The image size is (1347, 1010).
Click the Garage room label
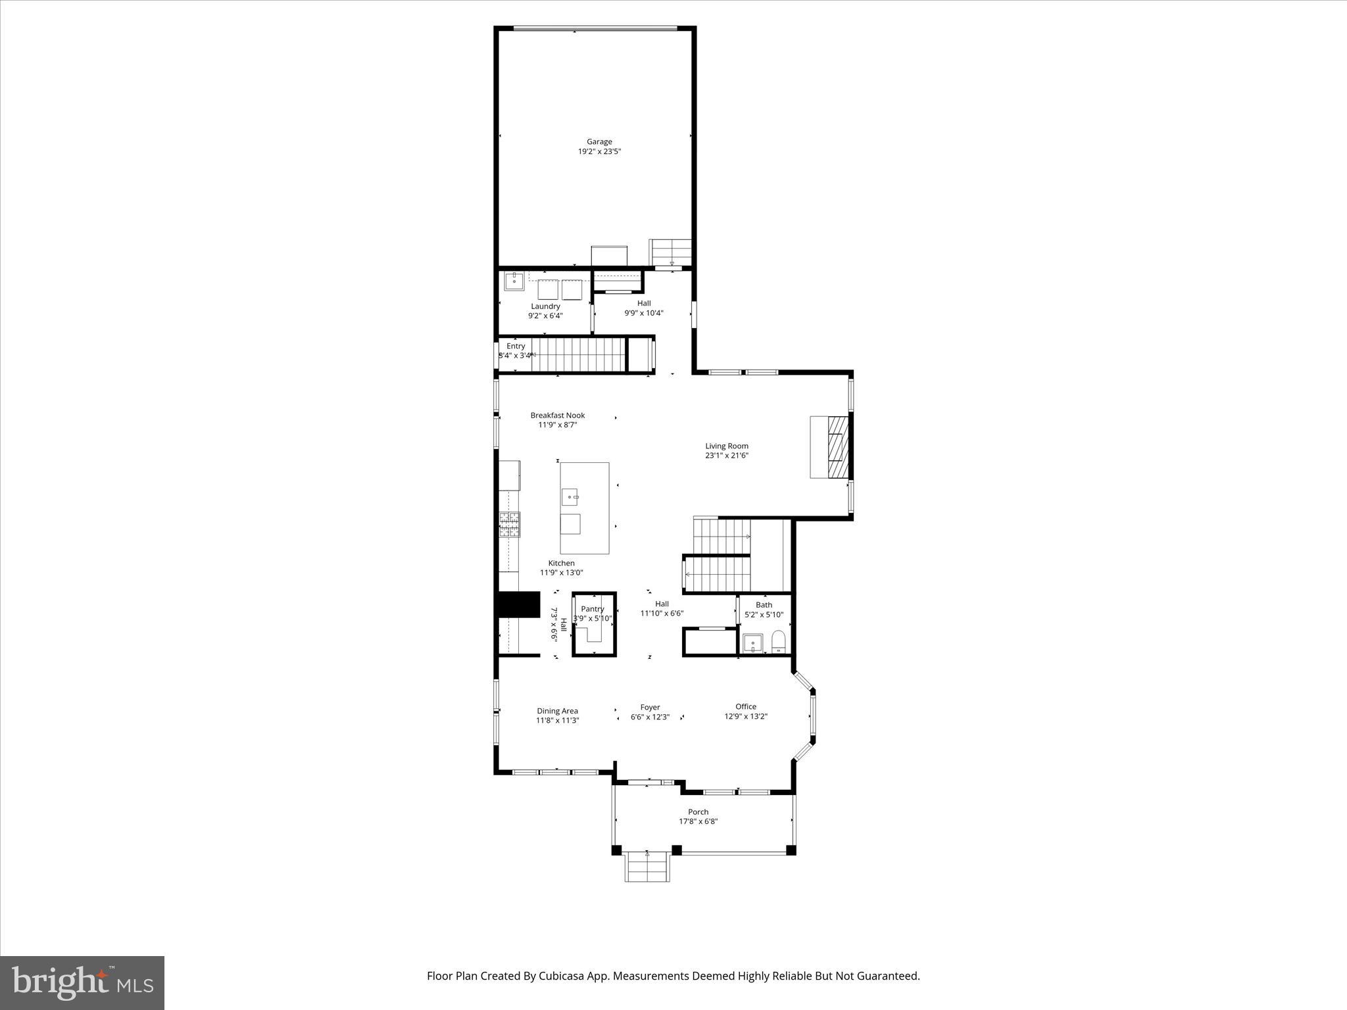(x=599, y=141)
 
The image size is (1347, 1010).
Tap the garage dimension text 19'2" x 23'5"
(x=599, y=151)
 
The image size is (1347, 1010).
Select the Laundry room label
(x=545, y=306)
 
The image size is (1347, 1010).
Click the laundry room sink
(x=514, y=281)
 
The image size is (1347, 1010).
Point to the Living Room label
(x=727, y=446)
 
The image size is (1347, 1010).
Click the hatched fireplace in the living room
(x=838, y=447)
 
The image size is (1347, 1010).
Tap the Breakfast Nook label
(x=558, y=416)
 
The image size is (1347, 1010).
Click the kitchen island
(x=584, y=508)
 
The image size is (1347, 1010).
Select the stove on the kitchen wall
(x=509, y=525)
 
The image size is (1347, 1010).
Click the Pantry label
(x=593, y=609)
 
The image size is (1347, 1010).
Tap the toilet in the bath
(x=779, y=641)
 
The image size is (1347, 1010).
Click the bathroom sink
(x=752, y=642)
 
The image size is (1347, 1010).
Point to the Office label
(x=746, y=707)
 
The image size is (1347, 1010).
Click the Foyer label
(x=650, y=708)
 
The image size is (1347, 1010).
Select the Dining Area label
(x=557, y=711)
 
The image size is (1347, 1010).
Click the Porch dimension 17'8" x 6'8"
(x=698, y=821)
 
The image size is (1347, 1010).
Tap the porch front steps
(x=648, y=867)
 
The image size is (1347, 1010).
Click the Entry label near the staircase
(x=516, y=347)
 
